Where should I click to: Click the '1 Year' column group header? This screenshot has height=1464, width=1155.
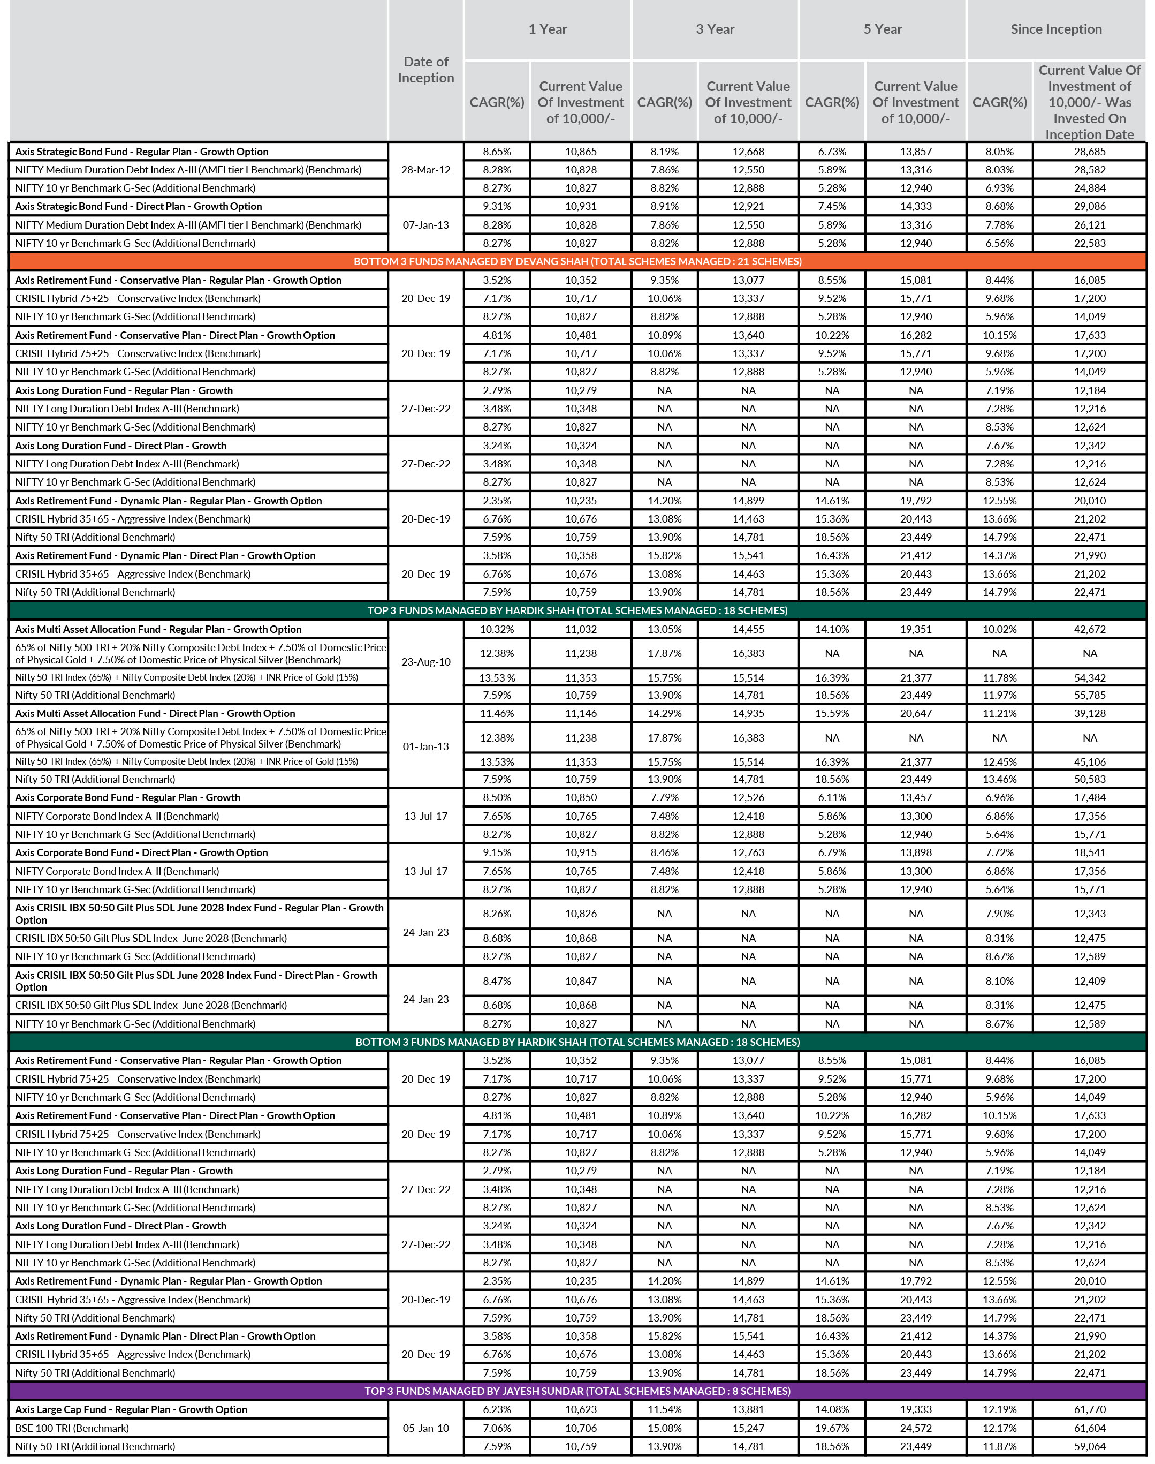click(x=547, y=29)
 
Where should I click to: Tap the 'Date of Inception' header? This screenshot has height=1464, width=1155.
click(x=425, y=70)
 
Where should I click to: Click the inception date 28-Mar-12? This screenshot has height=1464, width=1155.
click(x=425, y=170)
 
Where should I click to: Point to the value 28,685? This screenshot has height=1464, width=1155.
click(x=1089, y=152)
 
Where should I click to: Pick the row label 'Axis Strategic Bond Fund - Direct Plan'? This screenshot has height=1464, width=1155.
click(x=138, y=206)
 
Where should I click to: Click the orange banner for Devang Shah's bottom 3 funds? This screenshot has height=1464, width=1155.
click(x=577, y=261)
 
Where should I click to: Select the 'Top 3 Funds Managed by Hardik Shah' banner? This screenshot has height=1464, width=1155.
click(x=577, y=610)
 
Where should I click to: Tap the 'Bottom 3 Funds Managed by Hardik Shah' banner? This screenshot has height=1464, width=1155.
click(x=577, y=1042)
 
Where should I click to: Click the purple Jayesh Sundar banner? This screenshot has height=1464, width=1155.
click(x=577, y=1391)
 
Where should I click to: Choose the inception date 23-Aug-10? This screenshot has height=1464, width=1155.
click(x=425, y=662)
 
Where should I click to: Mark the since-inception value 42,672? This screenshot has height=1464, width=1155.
click(x=1089, y=629)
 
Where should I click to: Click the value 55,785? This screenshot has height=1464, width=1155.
click(x=1089, y=695)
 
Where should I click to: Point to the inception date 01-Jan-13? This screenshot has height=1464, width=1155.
click(x=425, y=746)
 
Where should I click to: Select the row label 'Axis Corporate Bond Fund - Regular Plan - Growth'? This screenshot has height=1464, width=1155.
click(x=127, y=798)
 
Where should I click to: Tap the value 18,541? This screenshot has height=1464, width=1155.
click(x=1089, y=852)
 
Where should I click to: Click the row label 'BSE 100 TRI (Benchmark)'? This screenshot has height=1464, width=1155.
click(x=72, y=1428)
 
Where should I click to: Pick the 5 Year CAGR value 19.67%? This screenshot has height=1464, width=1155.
click(x=832, y=1428)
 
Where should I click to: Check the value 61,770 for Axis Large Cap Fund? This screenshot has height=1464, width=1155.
click(x=1089, y=1409)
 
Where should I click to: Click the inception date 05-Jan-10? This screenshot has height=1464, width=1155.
click(x=425, y=1428)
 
